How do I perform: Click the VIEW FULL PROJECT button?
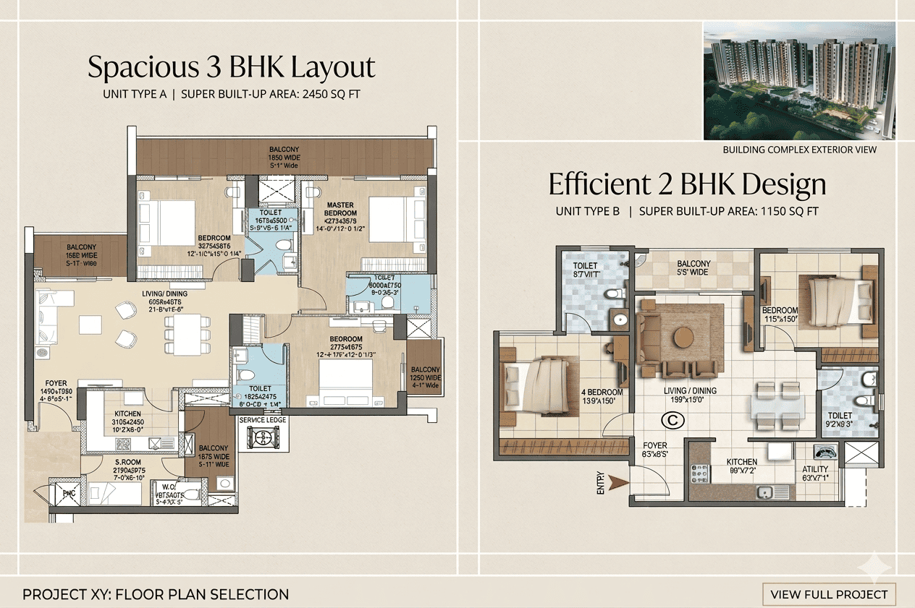pos(829,594)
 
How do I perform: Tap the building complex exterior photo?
pos(799,80)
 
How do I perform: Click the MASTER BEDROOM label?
pos(340,209)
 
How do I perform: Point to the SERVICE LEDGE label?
pos(263,420)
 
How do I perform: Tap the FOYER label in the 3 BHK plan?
pos(56,383)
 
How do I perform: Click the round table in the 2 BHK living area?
pos(684,338)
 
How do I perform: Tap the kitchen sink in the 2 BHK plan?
pos(764,493)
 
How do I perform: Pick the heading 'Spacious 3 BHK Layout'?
pos(232,67)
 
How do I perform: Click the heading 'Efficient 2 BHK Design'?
pos(687,184)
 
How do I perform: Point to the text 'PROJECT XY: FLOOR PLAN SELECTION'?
pos(156,595)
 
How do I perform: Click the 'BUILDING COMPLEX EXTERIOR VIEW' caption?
pos(799,150)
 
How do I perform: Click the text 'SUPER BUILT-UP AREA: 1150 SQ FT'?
pos(728,212)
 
